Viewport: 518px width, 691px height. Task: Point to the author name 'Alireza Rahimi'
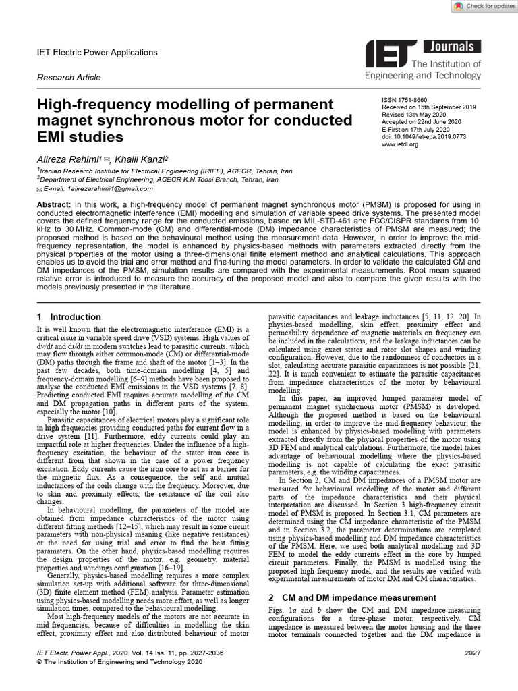point(67,158)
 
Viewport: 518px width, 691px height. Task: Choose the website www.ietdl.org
point(400,144)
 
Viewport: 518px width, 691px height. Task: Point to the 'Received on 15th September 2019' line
point(429,107)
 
